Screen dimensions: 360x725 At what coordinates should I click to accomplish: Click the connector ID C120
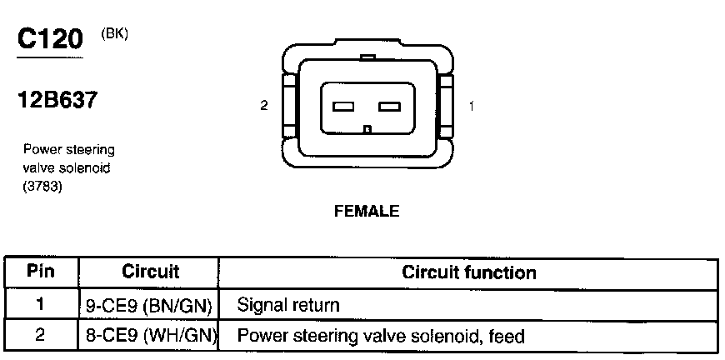(50, 40)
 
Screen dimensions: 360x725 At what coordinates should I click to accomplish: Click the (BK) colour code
(114, 34)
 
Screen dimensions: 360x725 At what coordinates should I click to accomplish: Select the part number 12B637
(57, 102)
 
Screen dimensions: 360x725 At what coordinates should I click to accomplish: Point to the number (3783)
(43, 187)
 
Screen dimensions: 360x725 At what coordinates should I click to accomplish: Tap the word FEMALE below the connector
(367, 212)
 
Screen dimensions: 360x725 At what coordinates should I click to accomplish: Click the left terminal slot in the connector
(344, 107)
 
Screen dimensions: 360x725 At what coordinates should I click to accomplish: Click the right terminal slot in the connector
(389, 107)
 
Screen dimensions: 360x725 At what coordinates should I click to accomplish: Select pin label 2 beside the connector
(264, 107)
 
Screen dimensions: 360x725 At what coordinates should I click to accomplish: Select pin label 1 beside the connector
(472, 107)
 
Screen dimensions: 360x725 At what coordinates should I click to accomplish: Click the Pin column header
(41, 272)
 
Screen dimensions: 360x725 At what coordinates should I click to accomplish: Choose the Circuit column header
(151, 272)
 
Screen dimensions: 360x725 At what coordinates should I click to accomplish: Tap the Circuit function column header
(469, 272)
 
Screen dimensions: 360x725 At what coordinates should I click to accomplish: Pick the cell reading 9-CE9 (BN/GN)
(151, 305)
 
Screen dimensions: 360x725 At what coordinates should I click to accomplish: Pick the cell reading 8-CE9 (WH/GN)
(151, 337)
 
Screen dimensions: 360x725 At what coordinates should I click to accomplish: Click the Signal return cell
(288, 305)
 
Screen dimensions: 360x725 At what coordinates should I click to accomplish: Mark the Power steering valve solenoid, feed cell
(382, 337)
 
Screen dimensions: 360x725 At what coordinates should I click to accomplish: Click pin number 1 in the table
(41, 305)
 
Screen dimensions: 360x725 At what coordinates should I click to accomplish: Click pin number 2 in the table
(41, 337)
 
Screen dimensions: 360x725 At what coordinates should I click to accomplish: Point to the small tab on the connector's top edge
(367, 57)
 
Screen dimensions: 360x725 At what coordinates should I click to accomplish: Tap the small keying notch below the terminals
(367, 128)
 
